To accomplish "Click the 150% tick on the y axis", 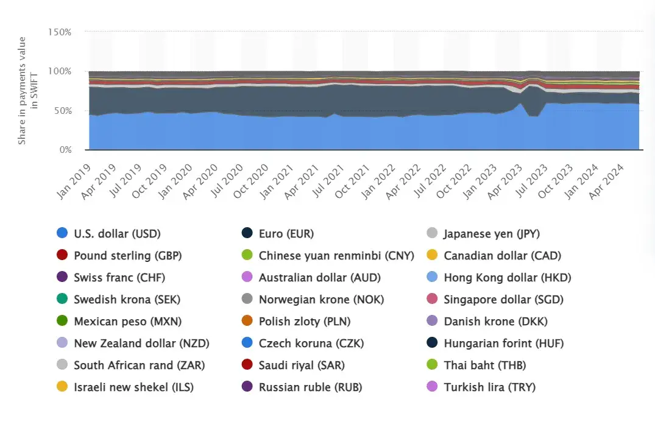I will tap(60, 32).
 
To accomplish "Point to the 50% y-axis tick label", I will tap(62, 110).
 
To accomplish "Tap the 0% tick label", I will tap(65, 149).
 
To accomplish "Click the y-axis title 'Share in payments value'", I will tap(22, 90).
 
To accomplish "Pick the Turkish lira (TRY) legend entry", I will tap(489, 387).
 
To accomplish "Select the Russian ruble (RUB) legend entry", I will tap(310, 387).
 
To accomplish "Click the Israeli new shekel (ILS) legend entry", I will tap(133, 387).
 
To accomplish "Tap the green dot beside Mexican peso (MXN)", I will tap(62, 321).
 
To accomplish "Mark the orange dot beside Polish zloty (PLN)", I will tap(247, 321).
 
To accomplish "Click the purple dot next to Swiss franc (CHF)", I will tap(62, 278).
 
